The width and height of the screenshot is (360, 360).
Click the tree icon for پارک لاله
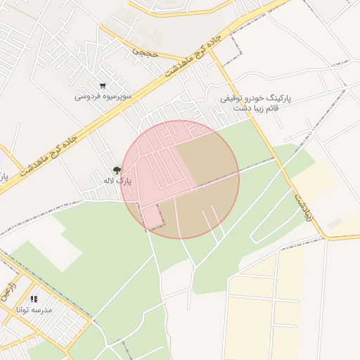[117, 170]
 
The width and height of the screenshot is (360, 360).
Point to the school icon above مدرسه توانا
[34, 300]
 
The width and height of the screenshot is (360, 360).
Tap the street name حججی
[146, 51]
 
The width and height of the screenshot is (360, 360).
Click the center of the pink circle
[180, 180]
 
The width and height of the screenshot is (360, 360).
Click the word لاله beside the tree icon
[108, 181]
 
